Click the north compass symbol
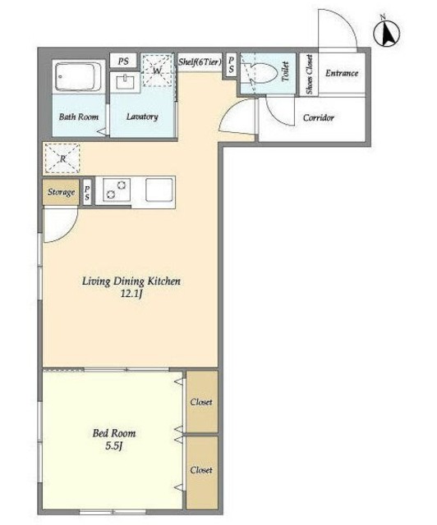(386, 33)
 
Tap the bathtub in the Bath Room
(78, 76)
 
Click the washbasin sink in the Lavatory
(125, 82)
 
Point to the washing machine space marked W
(157, 71)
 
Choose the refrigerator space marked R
(62, 158)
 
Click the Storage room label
(61, 192)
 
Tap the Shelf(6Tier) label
(200, 62)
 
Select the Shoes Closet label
(309, 75)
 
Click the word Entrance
(342, 73)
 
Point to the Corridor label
(319, 118)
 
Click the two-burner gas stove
(116, 189)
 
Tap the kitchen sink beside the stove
(159, 189)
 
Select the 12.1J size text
(132, 294)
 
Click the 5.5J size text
(113, 446)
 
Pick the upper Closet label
(201, 402)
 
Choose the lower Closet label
(201, 470)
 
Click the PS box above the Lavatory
(123, 62)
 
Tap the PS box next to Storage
(87, 192)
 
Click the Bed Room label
(114, 433)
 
